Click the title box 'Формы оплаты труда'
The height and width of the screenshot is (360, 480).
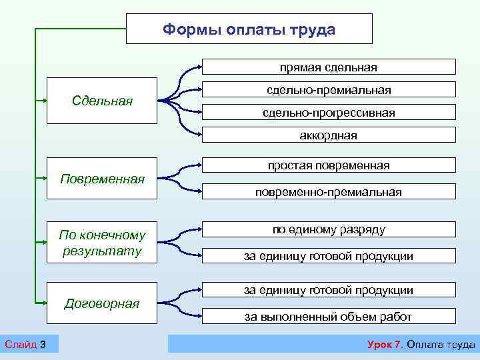point(249,29)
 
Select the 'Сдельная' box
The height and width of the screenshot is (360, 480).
point(101,101)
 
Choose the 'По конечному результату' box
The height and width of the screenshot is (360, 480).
point(101,243)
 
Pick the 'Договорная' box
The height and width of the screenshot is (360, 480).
point(101,303)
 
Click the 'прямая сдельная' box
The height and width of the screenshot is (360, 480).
point(329,67)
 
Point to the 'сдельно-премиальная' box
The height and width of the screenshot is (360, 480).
point(329,89)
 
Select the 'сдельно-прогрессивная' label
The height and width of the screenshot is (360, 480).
point(329,113)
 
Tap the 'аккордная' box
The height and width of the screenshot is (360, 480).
point(329,135)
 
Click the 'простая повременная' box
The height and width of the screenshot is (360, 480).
point(329,165)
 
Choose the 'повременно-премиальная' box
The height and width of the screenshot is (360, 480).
point(329,192)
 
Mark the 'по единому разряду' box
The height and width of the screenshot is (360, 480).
point(329,229)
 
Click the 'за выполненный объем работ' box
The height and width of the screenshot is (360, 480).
point(329,317)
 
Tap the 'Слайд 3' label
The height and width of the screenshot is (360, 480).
point(25,344)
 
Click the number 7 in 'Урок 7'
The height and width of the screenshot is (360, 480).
point(398,344)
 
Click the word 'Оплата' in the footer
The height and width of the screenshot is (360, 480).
point(425,344)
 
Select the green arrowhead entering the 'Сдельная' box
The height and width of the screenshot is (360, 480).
point(44,101)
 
